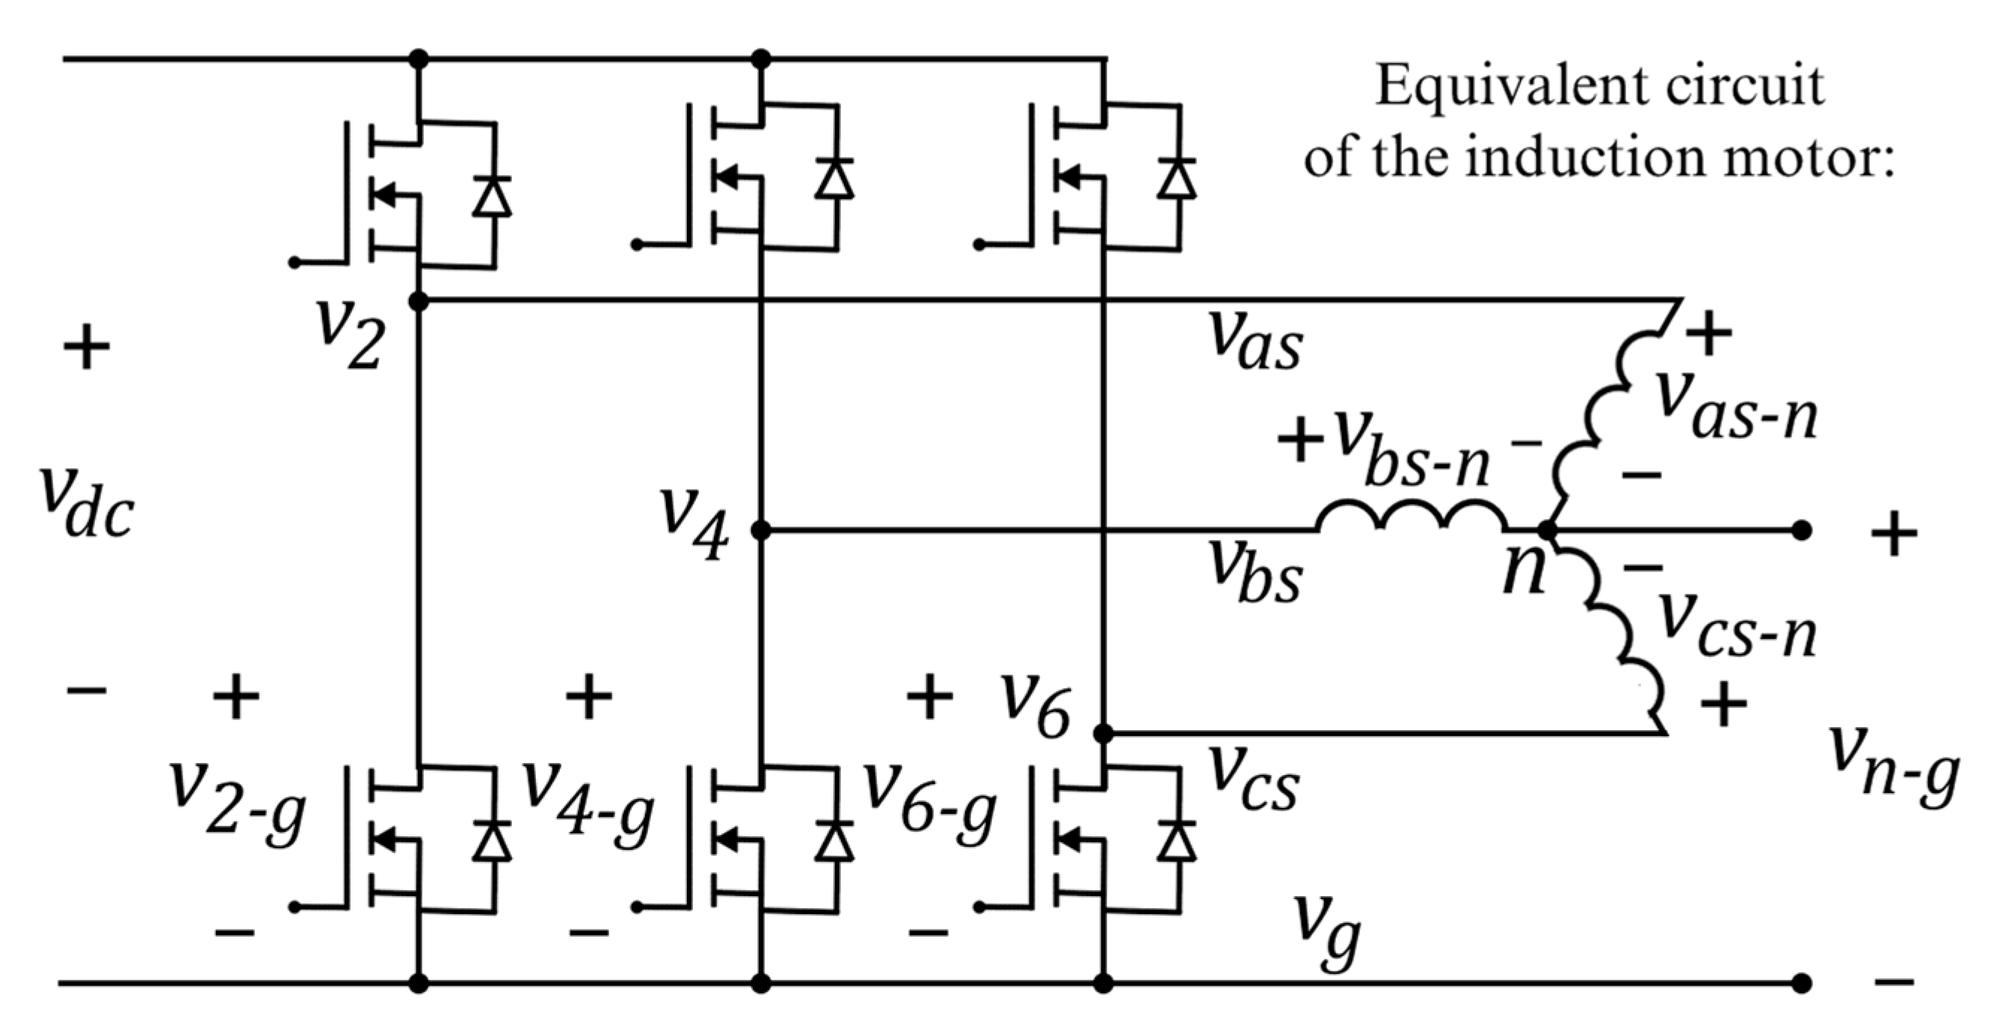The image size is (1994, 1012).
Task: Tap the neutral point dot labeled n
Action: tap(1546, 531)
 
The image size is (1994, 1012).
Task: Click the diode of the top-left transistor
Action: tap(493, 197)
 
